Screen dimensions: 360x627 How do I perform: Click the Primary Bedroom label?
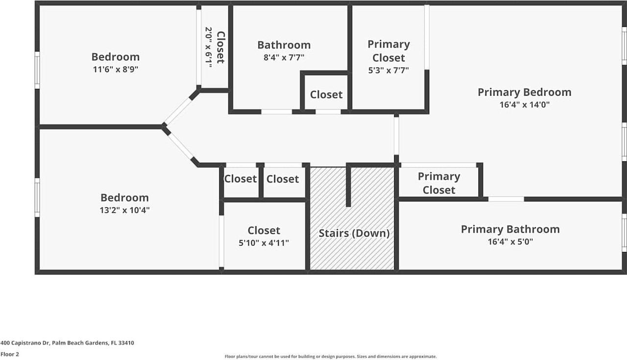[x=524, y=92]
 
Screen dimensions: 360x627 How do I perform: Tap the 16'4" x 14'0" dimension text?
[x=524, y=104]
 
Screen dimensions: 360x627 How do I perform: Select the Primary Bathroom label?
[x=510, y=229]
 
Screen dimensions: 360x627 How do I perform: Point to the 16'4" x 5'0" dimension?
[x=510, y=241]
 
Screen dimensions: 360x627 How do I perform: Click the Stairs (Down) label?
[x=354, y=233]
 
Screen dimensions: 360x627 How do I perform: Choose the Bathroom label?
[x=284, y=45]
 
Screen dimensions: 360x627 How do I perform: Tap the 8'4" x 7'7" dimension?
[x=284, y=57]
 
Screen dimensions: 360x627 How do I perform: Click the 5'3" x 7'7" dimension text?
[x=388, y=70]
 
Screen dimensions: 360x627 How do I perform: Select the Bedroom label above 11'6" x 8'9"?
[x=116, y=57]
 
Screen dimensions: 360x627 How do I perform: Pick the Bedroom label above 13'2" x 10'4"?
[x=124, y=198]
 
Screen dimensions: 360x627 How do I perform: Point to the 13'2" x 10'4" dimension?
[x=124, y=210]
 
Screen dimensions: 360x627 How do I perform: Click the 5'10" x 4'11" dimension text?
[x=264, y=242]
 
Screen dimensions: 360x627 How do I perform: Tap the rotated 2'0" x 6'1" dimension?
[x=209, y=47]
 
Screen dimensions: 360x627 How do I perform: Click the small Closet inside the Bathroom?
[x=326, y=95]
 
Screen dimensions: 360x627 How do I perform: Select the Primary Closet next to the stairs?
[x=438, y=183]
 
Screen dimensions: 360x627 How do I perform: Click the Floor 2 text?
[x=10, y=354]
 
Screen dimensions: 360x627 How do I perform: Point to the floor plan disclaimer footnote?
[x=330, y=357]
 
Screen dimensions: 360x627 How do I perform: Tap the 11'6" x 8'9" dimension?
[x=116, y=70]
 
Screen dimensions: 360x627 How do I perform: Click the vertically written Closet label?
[x=220, y=47]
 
